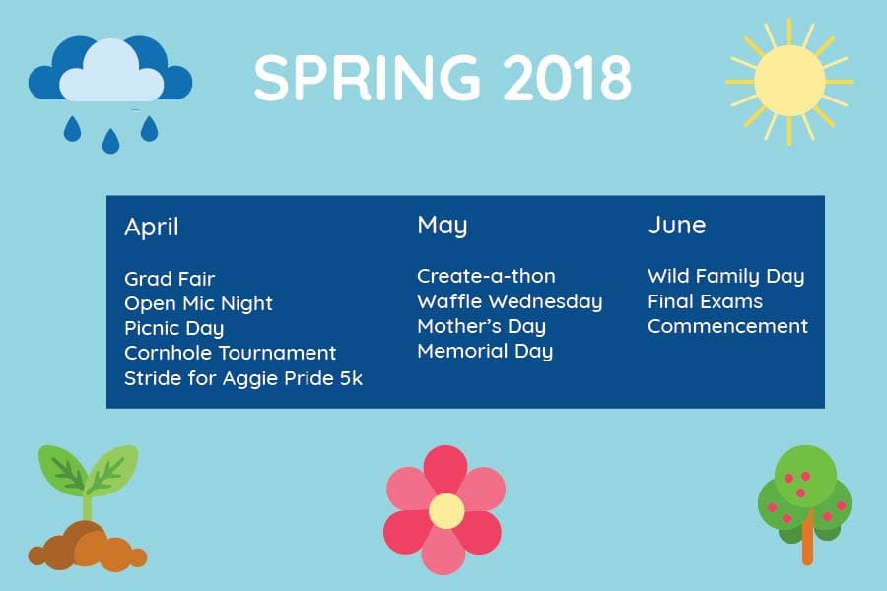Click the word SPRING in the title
point(368,78)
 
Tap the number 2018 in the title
point(567,78)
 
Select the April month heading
point(152,228)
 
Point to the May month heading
point(443,227)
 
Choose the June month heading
point(676,226)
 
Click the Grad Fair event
point(170,279)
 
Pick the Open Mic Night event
point(198,303)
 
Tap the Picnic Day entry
point(174,329)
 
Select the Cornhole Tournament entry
point(231,353)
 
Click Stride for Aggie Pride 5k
point(243,378)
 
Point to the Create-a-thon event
point(486,276)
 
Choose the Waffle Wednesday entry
point(510,301)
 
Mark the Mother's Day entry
point(481,326)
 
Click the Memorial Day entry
point(485,352)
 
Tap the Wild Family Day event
point(725,277)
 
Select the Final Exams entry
point(705,301)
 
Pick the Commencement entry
point(727,326)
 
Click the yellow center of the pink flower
point(445,511)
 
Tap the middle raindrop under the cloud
point(110,141)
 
